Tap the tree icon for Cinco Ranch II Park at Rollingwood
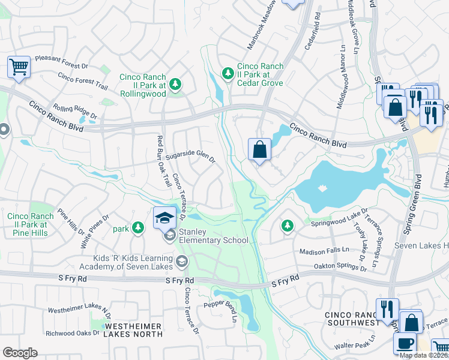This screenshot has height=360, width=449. point(175,85)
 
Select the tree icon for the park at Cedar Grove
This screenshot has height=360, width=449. point(228,73)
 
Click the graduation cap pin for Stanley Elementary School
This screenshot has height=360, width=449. point(164,218)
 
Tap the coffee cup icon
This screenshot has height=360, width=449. point(405,343)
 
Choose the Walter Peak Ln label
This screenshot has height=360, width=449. point(356,346)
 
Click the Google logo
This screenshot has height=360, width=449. point(20,353)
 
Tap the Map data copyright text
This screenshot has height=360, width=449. point(423,355)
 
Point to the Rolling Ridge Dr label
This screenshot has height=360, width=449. point(74,112)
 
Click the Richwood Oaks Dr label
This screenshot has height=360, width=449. point(73,332)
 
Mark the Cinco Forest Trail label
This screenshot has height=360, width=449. point(83,82)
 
